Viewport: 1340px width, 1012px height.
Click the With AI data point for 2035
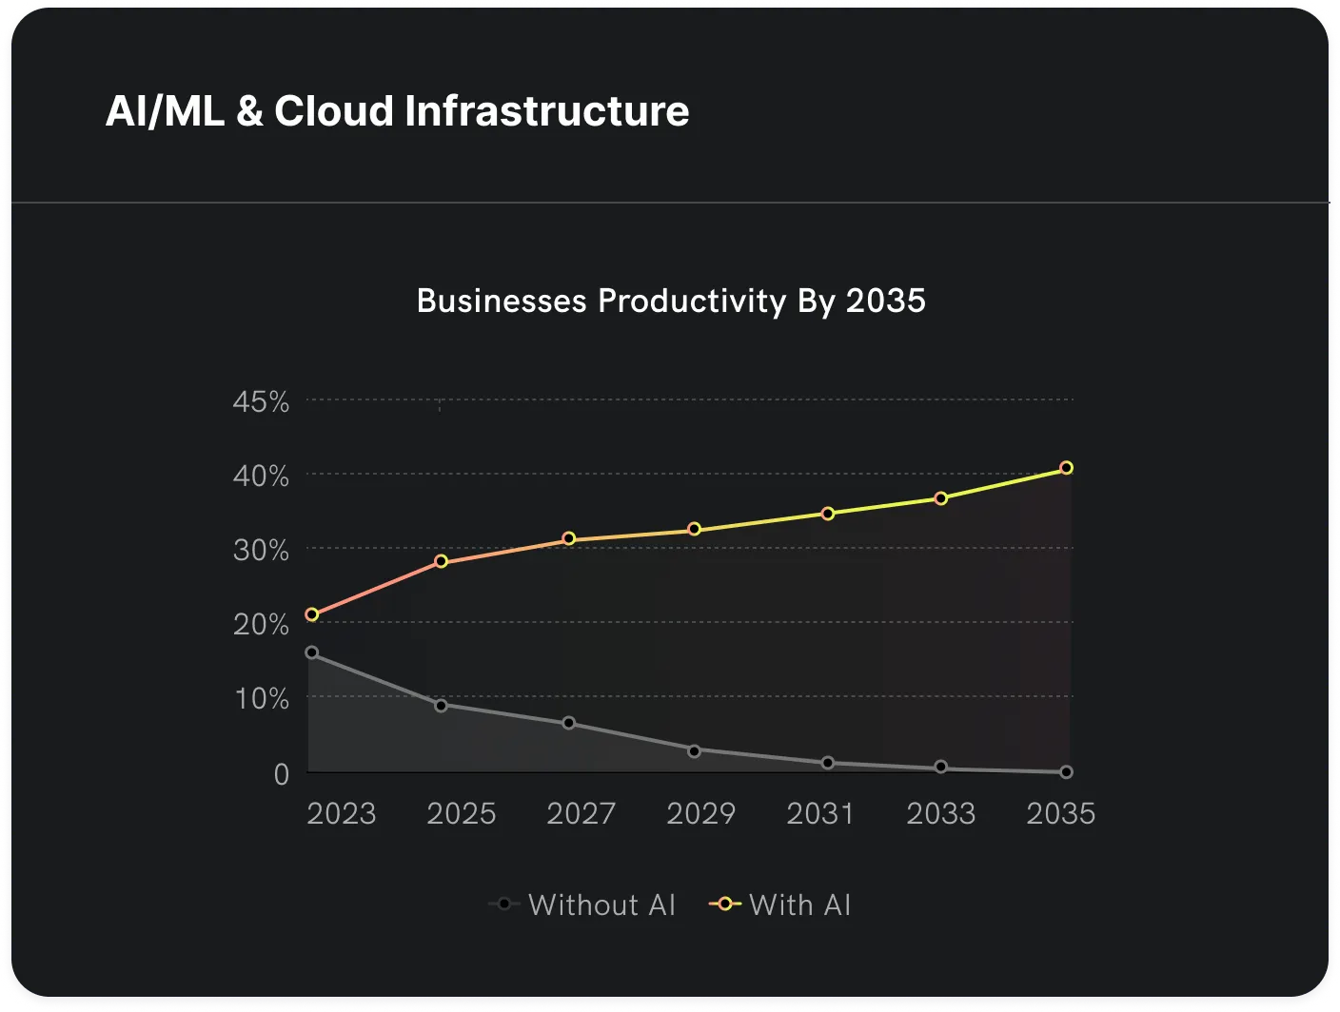[x=1066, y=468]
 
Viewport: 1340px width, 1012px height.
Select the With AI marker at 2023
[x=311, y=614]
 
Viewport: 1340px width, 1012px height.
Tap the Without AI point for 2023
[x=311, y=653]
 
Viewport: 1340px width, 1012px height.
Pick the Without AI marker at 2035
[x=1066, y=772]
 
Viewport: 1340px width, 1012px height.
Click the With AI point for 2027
[x=569, y=539]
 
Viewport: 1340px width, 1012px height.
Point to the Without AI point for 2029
[x=694, y=751]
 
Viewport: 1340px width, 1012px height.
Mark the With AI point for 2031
[x=828, y=514]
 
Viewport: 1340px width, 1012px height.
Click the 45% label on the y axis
[x=261, y=402]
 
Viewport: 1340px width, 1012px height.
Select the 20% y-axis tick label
[x=261, y=625]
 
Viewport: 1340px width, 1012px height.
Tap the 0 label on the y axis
[x=281, y=775]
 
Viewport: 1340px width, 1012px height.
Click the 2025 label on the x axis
[x=462, y=814]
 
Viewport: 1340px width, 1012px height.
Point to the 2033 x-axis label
[x=940, y=814]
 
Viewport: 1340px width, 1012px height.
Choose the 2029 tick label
[x=700, y=814]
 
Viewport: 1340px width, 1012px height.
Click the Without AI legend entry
[x=582, y=905]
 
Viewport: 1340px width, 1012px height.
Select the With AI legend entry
[x=780, y=905]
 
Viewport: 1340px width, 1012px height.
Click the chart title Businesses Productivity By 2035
[x=671, y=302]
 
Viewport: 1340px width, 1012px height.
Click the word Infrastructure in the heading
[x=546, y=111]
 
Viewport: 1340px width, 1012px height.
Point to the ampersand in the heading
[x=249, y=111]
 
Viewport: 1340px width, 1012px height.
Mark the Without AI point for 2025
[x=441, y=706]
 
